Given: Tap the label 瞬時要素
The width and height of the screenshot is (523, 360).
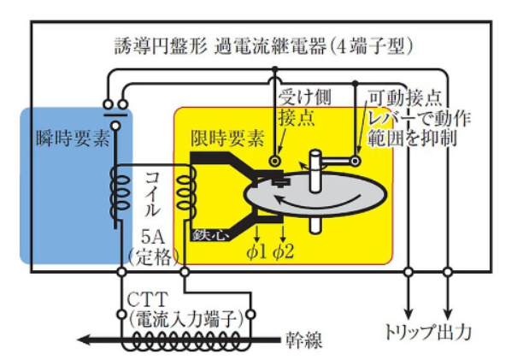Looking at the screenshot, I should (73, 138).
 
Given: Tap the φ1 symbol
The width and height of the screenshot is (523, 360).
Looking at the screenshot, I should (257, 251).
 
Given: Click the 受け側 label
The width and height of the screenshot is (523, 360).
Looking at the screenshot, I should (303, 95).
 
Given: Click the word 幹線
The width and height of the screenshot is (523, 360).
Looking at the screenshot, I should (304, 339).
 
